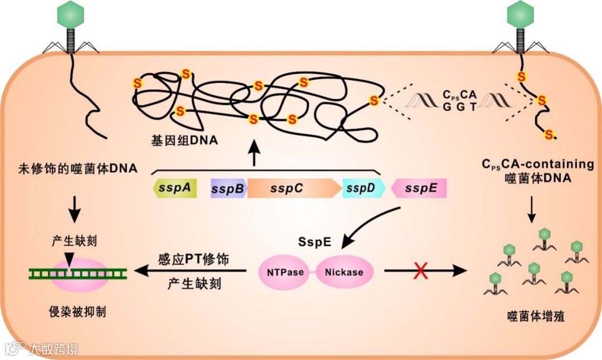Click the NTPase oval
tap(285, 273)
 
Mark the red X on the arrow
tap(421, 272)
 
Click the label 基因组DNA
tap(184, 141)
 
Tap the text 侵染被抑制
tap(77, 312)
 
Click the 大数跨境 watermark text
tap(54, 349)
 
